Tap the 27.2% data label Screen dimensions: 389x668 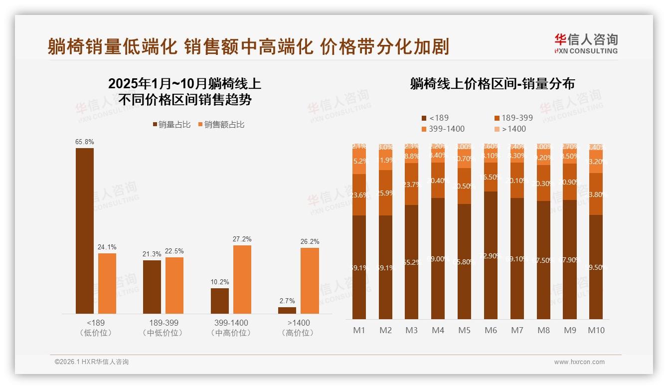pyautogui.click(x=242, y=239)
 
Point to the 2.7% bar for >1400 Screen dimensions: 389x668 pyautogui.click(x=287, y=310)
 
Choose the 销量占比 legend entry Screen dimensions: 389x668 pyautogui.click(x=171, y=125)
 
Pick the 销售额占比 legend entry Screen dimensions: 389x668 pyautogui.click(x=221, y=125)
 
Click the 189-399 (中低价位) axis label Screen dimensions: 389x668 pyautogui.click(x=164, y=328)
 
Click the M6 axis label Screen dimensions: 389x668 pyautogui.click(x=491, y=330)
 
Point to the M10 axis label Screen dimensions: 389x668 pyautogui.click(x=596, y=330)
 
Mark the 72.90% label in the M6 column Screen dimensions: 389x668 pyautogui.click(x=491, y=256)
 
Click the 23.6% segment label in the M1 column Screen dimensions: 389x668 pyautogui.click(x=359, y=195)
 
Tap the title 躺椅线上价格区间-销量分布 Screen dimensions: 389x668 pyautogui.click(x=492, y=83)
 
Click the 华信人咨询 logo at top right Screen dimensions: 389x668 pyautogui.click(x=586, y=43)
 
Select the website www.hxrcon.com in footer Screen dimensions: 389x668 pyautogui.click(x=579, y=362)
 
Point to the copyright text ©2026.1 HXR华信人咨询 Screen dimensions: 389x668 pyautogui.click(x=92, y=362)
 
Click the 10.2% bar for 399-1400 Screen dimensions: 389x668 pyautogui.click(x=220, y=301)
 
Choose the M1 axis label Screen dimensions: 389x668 pyautogui.click(x=359, y=330)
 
